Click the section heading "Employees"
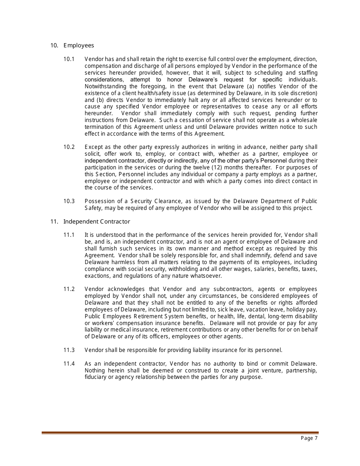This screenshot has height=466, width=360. [x=78, y=45]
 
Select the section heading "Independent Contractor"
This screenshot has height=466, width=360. [x=96, y=222]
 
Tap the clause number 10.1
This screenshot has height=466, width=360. [x=69, y=59]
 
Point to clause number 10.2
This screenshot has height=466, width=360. [x=69, y=147]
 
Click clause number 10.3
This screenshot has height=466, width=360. [x=69, y=201]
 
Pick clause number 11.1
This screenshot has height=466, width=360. [x=69, y=235]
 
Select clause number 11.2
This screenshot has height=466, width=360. [x=69, y=289]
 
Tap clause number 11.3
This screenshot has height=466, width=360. [x=69, y=350]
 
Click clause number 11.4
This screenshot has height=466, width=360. [x=69, y=364]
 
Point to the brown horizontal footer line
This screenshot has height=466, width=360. [x=180, y=433]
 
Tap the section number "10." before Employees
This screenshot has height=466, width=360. [x=54, y=45]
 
